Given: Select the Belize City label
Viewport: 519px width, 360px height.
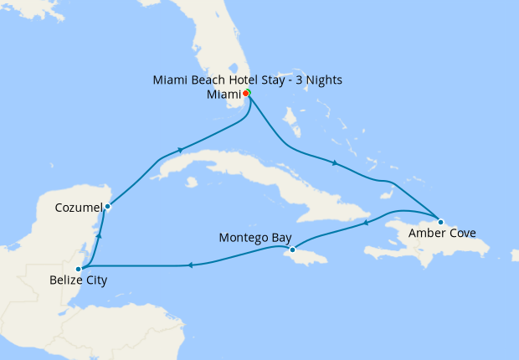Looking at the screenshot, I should click(72, 280).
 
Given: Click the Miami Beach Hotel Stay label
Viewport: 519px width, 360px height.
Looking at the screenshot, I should click(248, 80).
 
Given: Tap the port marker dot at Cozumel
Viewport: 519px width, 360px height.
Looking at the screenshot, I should click(108, 206).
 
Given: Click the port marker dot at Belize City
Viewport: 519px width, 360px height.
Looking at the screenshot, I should click(78, 268).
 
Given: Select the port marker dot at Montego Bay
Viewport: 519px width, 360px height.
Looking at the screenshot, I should click(292, 249).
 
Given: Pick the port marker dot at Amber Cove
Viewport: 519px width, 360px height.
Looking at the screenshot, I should click(441, 222).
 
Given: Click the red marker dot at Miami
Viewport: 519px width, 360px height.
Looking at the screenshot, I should click(245, 93).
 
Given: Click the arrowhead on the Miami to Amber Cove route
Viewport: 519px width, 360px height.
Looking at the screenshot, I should click(335, 162).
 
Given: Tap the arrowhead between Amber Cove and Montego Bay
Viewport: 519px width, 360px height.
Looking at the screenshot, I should click(365, 224).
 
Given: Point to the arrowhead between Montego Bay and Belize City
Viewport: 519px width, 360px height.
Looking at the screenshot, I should click(190, 265).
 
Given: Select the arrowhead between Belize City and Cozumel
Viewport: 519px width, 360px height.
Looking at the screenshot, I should click(99, 237).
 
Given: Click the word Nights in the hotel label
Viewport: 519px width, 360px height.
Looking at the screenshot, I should click(321, 80).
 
